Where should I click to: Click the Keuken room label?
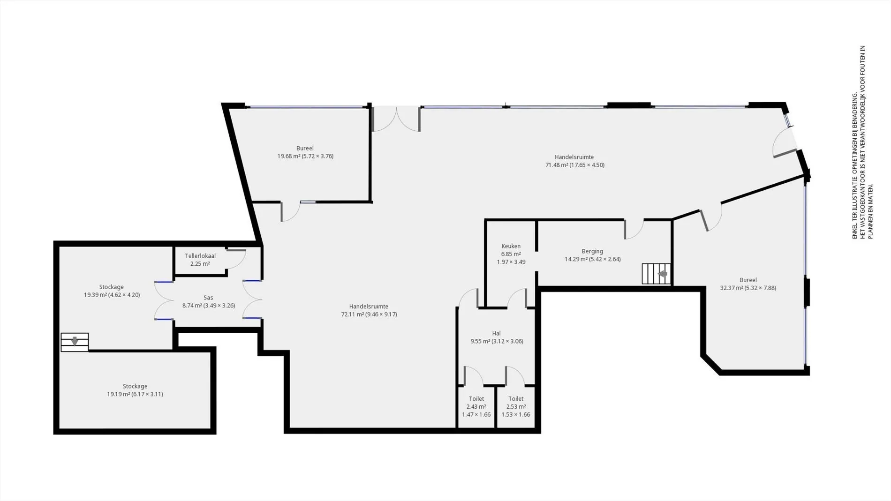click(511, 246)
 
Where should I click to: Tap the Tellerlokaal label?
click(200, 256)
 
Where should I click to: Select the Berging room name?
click(592, 251)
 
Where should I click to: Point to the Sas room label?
click(209, 298)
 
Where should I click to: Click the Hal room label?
click(497, 334)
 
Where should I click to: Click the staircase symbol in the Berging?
click(656, 274)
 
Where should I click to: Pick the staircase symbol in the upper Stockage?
click(75, 342)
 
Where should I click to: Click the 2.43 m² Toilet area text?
click(476, 407)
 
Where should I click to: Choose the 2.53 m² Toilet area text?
click(516, 407)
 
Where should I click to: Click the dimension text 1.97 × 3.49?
click(511, 262)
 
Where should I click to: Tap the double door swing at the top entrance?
click(396, 120)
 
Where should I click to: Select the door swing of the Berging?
click(634, 230)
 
